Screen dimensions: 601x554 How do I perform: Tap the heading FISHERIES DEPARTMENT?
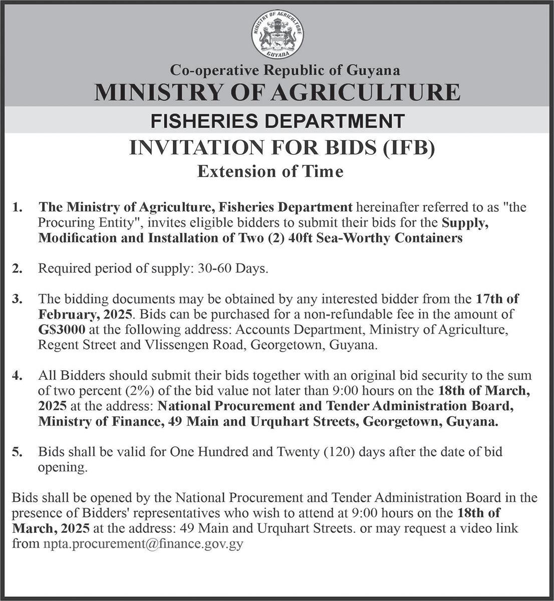pos(277,121)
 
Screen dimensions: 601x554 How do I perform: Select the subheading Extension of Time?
pos(270,172)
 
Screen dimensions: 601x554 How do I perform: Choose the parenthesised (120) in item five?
pos(340,452)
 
